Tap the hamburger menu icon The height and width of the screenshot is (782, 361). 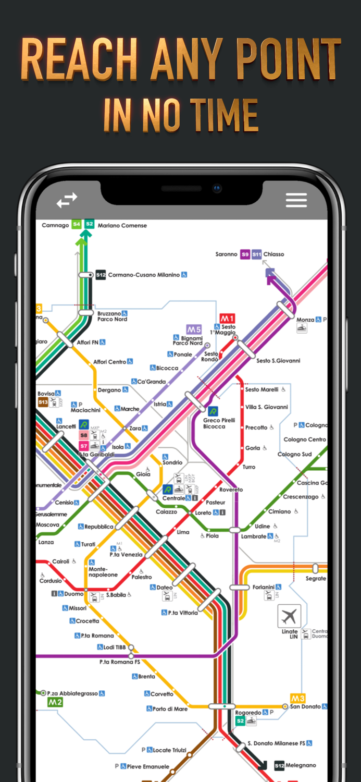tap(296, 200)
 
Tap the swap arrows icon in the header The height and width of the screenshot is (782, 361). tap(67, 200)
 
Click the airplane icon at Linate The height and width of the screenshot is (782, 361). tap(289, 616)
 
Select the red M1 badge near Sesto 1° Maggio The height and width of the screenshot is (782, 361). tap(227, 319)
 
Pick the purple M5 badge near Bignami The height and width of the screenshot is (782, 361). tap(194, 329)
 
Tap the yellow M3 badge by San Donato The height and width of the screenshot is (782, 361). tap(297, 698)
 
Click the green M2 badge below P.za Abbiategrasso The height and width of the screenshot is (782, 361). tap(55, 702)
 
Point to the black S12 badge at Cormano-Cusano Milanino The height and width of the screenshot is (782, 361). tap(101, 275)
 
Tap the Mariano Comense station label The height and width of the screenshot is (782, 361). tap(122, 225)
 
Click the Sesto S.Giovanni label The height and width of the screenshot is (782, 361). tap(278, 360)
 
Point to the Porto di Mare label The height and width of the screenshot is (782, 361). tap(170, 708)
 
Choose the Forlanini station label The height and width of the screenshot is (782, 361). tap(264, 587)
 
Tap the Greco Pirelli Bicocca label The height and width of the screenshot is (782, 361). tap(219, 423)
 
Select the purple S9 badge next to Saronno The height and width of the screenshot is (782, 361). tap(245, 254)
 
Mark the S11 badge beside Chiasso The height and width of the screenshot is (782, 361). tap(257, 254)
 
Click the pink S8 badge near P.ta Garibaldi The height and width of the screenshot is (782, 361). tap(84, 435)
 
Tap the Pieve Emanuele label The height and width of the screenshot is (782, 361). tap(148, 766)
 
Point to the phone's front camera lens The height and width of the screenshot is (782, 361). tap(217, 189)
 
